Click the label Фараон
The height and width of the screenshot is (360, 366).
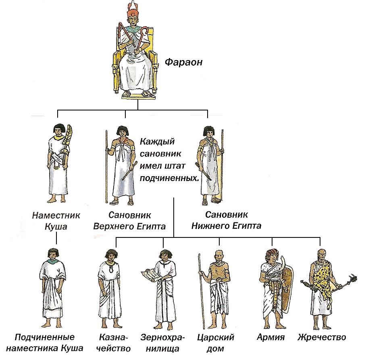click(183, 62)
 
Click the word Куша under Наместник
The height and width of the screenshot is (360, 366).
click(56, 227)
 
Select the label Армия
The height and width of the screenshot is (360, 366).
click(270, 337)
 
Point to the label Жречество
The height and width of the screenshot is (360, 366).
click(322, 337)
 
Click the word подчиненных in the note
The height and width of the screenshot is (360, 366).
click(169, 179)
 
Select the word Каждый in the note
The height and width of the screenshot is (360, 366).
click(157, 142)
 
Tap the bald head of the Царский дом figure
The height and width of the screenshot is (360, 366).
click(219, 254)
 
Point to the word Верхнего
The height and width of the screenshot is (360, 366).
click(113, 226)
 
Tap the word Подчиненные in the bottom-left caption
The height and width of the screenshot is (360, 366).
click(45, 337)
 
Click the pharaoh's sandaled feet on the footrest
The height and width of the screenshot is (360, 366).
click(137, 94)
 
